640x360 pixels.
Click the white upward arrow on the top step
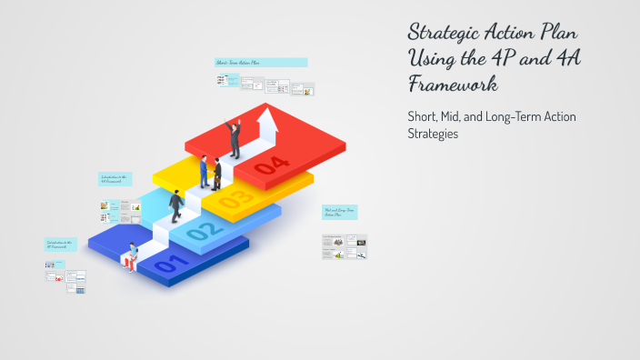[x=267, y=125]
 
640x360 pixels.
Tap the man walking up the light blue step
[x=176, y=205]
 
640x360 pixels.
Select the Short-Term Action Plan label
[x=260, y=63]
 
